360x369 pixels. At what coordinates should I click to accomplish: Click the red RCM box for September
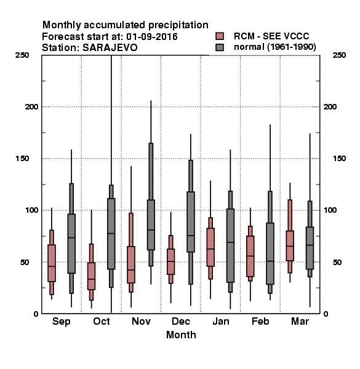point(52,263)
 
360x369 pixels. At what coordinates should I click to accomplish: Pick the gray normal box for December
point(191,222)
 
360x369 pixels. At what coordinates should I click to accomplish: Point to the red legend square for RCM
point(220,36)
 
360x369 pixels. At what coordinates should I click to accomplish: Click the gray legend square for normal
point(220,47)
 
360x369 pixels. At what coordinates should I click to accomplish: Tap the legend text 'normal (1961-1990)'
point(274,47)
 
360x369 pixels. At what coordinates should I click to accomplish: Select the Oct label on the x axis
point(102,321)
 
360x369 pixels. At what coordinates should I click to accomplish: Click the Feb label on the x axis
point(260,321)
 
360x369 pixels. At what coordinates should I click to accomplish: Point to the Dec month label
point(180,321)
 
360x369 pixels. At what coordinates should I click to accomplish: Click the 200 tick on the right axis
point(330,106)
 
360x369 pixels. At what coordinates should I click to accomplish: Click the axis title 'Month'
point(181,335)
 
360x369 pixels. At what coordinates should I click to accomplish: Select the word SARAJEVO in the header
point(110,48)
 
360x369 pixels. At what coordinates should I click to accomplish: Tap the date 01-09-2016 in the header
point(152,37)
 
